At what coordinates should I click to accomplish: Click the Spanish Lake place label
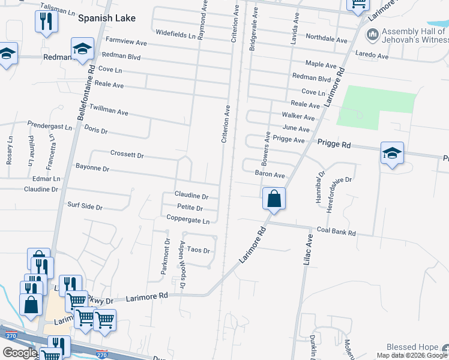point(106,18)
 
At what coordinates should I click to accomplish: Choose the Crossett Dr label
point(127,154)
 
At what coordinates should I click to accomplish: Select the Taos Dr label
point(199,250)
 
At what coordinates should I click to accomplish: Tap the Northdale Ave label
point(327,40)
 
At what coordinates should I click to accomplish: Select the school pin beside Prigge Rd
point(392,154)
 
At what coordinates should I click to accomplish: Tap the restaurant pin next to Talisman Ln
point(46,23)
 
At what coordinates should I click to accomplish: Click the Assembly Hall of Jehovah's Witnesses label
point(414,36)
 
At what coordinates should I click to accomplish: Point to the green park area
point(376,106)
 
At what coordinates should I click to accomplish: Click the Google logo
point(20,353)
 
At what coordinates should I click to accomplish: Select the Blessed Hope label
point(412,347)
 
